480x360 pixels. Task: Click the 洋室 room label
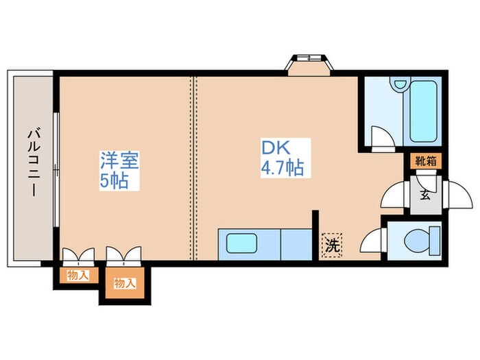[x=120, y=163]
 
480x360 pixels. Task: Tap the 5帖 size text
[x=114, y=182]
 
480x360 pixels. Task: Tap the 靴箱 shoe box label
[x=425, y=162]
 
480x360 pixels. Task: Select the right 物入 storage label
[x=123, y=283]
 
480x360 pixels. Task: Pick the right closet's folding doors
[x=123, y=256]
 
